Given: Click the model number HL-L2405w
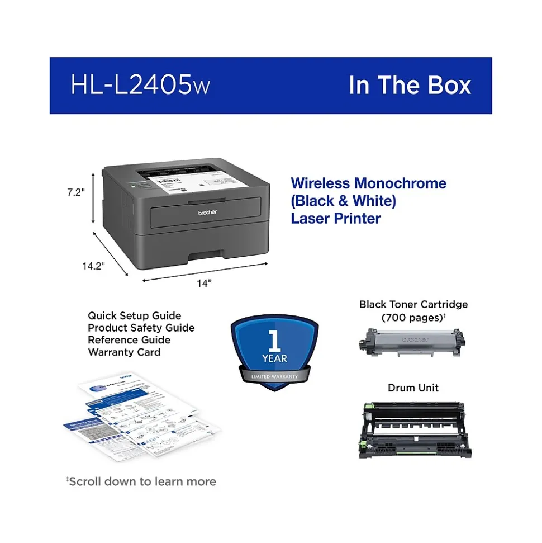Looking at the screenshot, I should click(140, 85).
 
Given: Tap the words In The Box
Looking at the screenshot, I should click(410, 85).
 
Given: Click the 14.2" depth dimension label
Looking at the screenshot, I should click(94, 266).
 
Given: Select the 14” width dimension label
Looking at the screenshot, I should click(204, 283).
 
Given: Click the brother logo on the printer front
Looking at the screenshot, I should click(207, 214).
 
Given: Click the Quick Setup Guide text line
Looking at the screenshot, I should click(134, 316).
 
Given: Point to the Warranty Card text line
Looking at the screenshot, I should click(124, 352).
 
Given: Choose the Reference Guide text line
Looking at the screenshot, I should click(129, 340).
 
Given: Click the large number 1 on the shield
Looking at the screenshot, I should click(273, 340).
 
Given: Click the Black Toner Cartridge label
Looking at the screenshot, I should click(413, 305).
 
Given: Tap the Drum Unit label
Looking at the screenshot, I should click(413, 388).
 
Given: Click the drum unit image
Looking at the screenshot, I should click(413, 429).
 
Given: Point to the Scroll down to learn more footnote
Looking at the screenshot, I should click(141, 481).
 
